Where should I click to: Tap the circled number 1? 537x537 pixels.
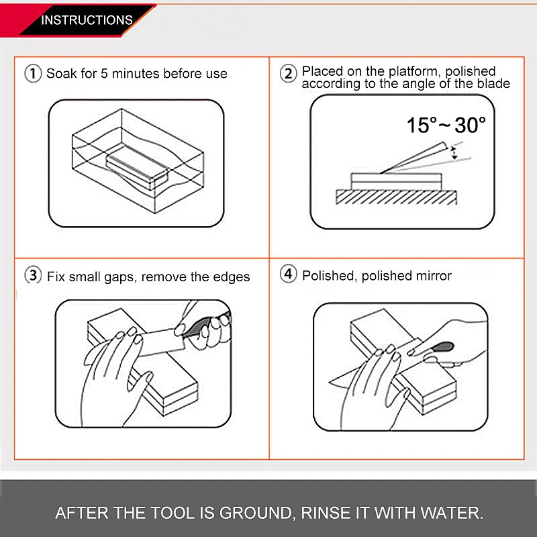pos(33,73)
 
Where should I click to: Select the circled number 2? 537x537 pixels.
pos(289,73)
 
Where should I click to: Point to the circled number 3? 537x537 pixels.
pos(33,275)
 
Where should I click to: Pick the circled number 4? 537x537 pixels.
pos(289,274)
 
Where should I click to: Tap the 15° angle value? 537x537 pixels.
pos(422,125)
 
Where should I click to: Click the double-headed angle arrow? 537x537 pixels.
pos(454,153)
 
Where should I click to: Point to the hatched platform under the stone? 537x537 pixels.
pos(396,197)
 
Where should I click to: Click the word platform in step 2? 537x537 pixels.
pos(413,71)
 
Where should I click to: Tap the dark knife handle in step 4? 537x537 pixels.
pos(442,347)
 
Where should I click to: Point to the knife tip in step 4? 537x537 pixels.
pos(330,382)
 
